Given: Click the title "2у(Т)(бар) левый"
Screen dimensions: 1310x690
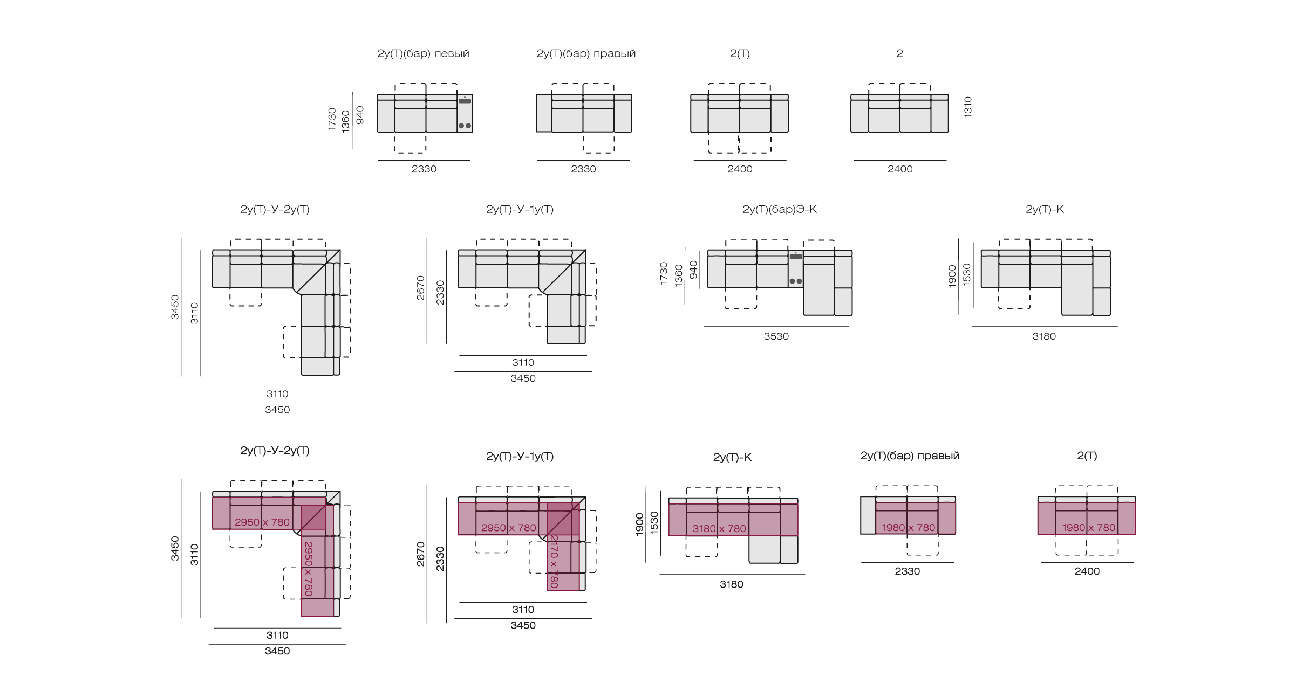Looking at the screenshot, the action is pos(423,53).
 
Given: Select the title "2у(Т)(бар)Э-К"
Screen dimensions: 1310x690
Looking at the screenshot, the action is pos(780,209).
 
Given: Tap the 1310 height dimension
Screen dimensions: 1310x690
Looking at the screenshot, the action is pos(968,107).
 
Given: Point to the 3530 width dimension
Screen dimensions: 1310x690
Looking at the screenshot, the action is pos(776,336).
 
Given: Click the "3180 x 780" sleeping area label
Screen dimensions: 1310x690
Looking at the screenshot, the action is pos(719,529).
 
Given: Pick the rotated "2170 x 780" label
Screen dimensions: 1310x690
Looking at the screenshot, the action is pos(554,561).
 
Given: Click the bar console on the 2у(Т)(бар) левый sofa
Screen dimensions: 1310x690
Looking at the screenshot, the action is pos(465,113).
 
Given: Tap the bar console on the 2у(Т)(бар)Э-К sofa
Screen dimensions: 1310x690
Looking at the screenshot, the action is pos(795,268).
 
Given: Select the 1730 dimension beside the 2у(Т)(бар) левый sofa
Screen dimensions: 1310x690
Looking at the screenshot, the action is pos(332,119).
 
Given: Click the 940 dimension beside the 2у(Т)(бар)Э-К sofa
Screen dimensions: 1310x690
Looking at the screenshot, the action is pos(693,270).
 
